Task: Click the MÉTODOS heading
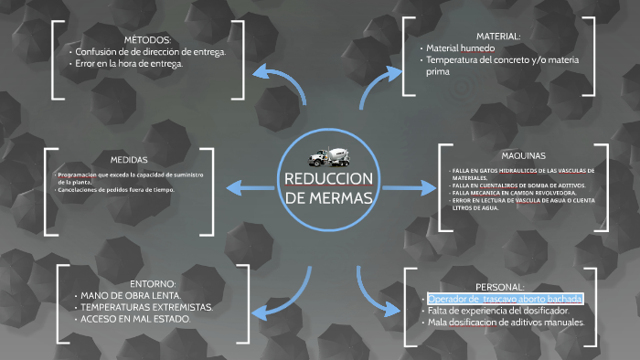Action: pyautogui.click(x=147, y=40)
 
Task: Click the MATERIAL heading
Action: pyautogui.click(x=498, y=36)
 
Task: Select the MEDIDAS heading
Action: pyautogui.click(x=129, y=158)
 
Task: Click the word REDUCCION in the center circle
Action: pyautogui.click(x=327, y=178)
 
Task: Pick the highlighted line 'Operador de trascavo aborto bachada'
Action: pyautogui.click(x=505, y=300)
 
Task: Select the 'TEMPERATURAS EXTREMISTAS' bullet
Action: pyautogui.click(x=146, y=307)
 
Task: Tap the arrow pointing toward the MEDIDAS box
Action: pyautogui.click(x=247, y=188)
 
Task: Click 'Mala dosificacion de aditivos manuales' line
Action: pyautogui.click(x=507, y=323)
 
